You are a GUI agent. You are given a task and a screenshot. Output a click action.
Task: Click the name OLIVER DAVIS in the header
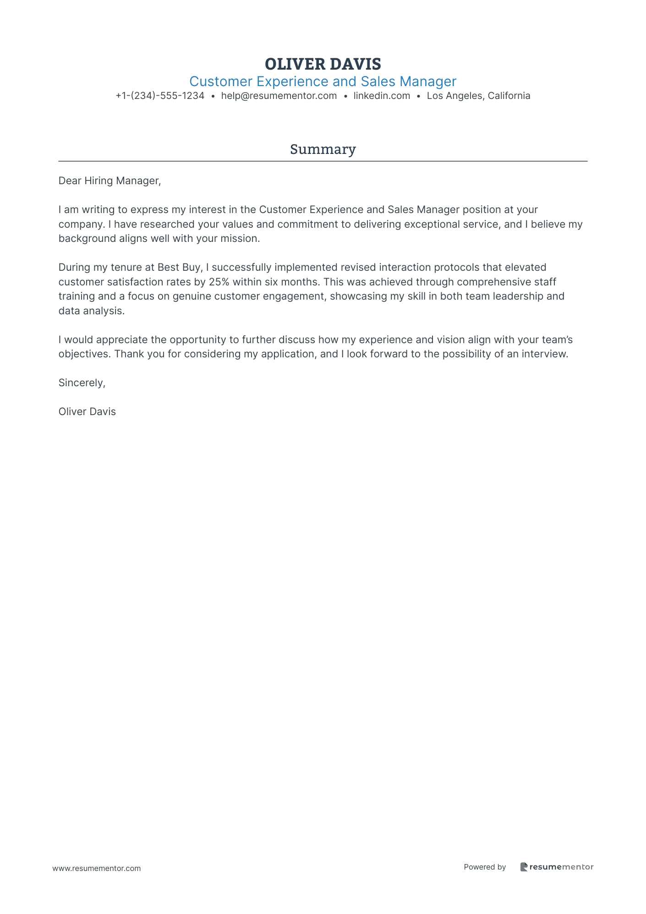pos(323,64)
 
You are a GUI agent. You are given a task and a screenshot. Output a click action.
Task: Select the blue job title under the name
pos(323,82)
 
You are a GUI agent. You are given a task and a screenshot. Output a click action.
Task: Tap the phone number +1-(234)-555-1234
pos(160,96)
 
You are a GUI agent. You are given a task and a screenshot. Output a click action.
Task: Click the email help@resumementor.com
pos(279,96)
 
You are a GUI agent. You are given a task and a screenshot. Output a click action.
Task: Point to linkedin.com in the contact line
pos(382,96)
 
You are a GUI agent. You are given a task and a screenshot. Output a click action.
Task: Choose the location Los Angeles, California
pos(478,96)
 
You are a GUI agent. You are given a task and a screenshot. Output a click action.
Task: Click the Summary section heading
pos(323,149)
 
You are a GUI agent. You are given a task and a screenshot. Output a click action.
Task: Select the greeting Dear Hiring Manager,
pos(109,181)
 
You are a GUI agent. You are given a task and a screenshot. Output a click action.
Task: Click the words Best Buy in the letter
pos(179,267)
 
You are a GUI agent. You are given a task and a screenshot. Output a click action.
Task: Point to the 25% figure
pos(219,282)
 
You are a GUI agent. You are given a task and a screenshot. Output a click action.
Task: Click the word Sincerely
pos(82,383)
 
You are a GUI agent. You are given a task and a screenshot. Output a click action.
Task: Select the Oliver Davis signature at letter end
pos(87,412)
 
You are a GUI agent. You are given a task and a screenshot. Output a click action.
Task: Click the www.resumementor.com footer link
pos(97,868)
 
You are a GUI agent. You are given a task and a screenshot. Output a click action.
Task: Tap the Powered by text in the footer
pos(485,867)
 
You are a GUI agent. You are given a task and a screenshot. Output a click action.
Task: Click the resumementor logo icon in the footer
pos(524,867)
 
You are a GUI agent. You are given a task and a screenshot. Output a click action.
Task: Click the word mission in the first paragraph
pos(242,239)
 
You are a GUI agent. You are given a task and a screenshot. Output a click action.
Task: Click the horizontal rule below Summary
pos(323,161)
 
